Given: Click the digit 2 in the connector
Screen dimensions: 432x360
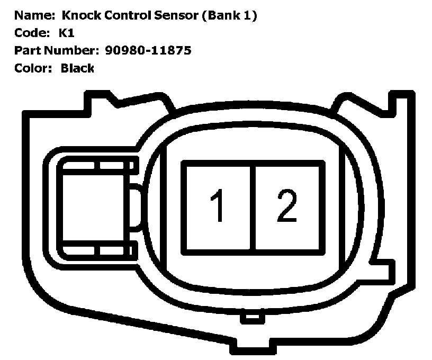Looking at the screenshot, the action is click(286, 206).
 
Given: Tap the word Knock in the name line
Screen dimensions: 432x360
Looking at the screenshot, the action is click(80, 16).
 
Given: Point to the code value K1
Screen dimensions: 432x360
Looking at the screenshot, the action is click(66, 33).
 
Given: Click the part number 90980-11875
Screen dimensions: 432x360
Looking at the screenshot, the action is click(148, 50).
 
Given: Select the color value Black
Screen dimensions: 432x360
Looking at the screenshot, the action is click(77, 68).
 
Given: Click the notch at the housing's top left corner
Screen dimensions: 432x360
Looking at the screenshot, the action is click(101, 101).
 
